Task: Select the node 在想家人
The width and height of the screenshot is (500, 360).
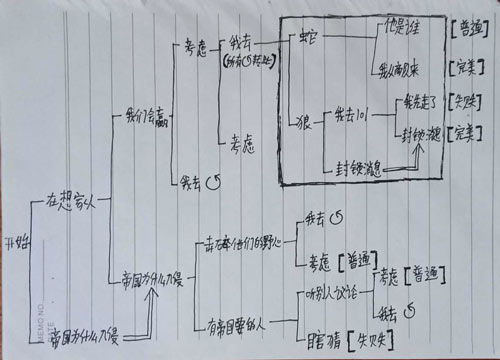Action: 69,200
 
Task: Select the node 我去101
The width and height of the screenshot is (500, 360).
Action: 353,109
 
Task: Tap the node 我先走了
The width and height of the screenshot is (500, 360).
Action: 417,100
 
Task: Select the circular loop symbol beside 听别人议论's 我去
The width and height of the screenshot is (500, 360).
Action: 409,321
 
